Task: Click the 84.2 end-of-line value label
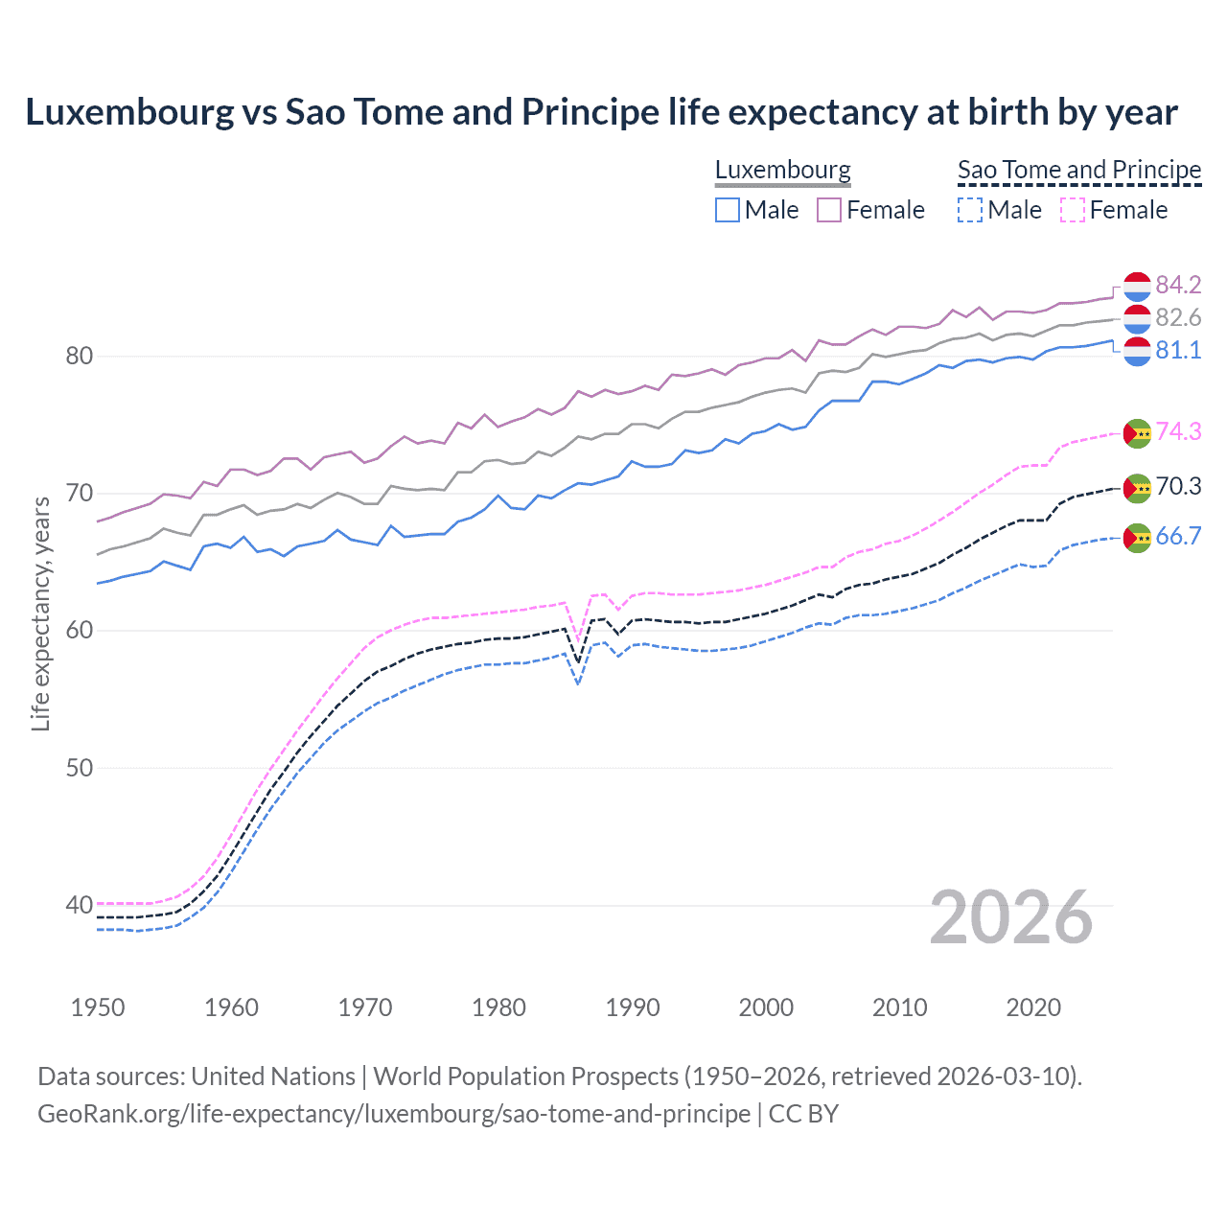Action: [x=1178, y=285]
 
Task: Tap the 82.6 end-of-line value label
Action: [x=1178, y=317]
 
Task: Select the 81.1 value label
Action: [x=1178, y=350]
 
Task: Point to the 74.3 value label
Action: [x=1178, y=431]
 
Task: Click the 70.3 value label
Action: [x=1178, y=486]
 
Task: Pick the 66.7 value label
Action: [x=1178, y=536]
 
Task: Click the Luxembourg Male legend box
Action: [x=728, y=210]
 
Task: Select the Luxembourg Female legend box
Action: [x=829, y=210]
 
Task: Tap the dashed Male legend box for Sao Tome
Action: [x=970, y=210]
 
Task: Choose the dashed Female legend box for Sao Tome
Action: [x=1073, y=210]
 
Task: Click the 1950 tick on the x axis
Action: [x=98, y=1007]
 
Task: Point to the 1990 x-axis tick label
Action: [x=633, y=1007]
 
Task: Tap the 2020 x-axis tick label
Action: [x=1033, y=1007]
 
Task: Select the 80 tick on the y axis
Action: [x=80, y=356]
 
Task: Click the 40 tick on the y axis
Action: [x=80, y=905]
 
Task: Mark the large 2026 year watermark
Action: [x=1011, y=917]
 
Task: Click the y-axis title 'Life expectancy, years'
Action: [x=40, y=613]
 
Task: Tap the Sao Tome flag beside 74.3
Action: [x=1137, y=433]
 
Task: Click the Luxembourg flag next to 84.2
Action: [x=1137, y=287]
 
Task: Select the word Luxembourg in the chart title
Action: [x=129, y=112]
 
